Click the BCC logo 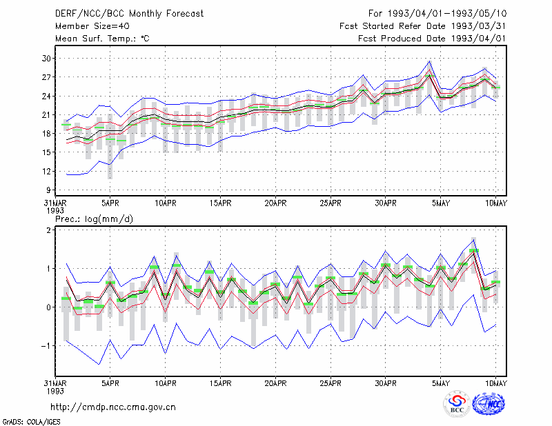(457, 404)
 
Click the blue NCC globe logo (489, 404)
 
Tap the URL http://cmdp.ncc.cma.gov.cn (113, 407)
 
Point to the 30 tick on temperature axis (46, 59)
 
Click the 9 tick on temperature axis (48, 190)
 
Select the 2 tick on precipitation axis (49, 230)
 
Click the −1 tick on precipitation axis (46, 346)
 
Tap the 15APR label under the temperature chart (220, 203)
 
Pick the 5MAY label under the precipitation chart (441, 383)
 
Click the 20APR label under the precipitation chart (275, 383)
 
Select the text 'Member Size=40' (92, 26)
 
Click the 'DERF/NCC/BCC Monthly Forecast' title (129, 14)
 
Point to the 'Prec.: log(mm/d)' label (94, 219)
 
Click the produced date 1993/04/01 (478, 39)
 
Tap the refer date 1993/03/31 (478, 26)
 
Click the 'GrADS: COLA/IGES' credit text (31, 422)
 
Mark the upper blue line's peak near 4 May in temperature (429, 61)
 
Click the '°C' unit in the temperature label (145, 39)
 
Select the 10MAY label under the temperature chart (496, 203)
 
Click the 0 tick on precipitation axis (49, 307)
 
